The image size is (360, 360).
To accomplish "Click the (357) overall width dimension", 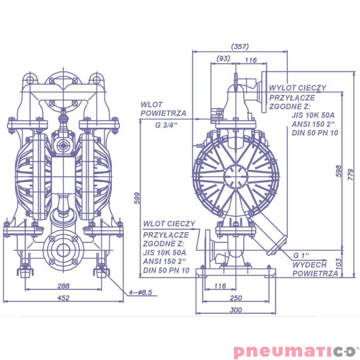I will coord(239,46).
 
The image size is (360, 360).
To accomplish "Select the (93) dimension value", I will coord(224,60).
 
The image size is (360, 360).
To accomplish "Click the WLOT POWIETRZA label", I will coord(163,109).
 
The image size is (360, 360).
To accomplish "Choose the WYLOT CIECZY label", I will coord(297,87).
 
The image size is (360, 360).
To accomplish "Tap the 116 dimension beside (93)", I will coord(251,60).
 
